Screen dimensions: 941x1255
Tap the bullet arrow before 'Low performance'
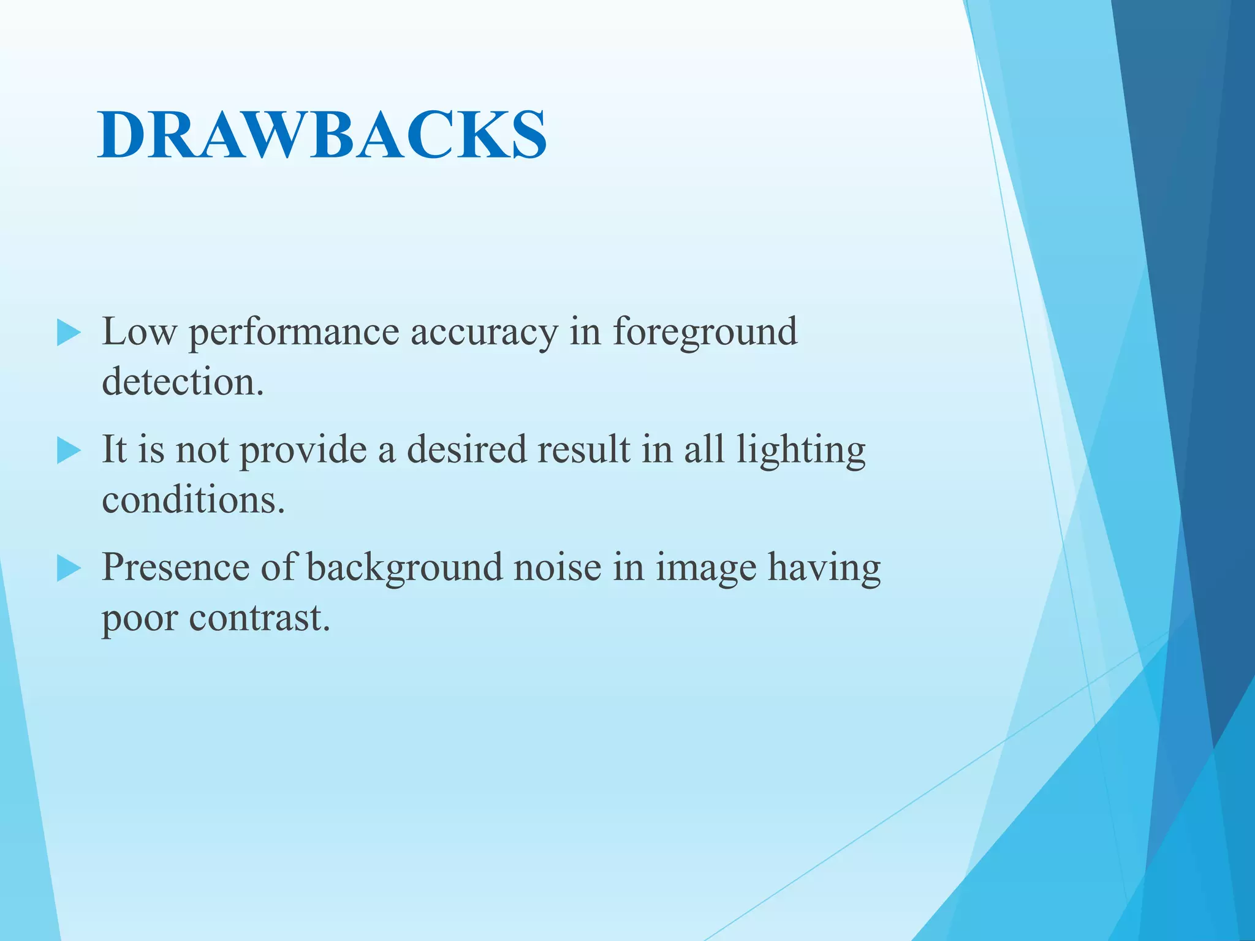(x=69, y=333)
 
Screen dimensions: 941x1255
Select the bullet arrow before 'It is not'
(x=69, y=452)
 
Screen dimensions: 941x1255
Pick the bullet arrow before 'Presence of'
(x=69, y=569)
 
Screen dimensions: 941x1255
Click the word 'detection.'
(x=183, y=382)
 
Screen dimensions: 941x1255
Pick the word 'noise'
(x=558, y=567)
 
